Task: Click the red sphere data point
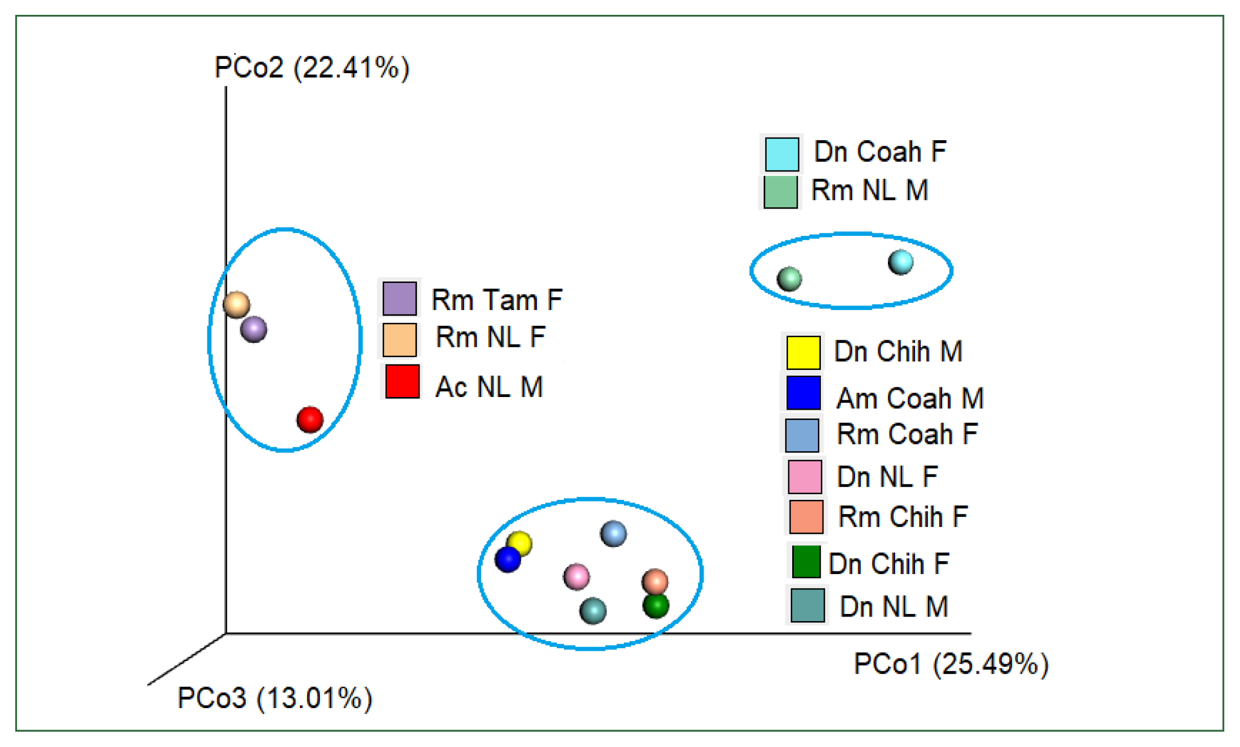click(310, 420)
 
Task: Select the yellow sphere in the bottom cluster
click(520, 543)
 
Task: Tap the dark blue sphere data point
click(508, 559)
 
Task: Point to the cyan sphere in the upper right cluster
click(901, 262)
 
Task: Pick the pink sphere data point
click(576, 577)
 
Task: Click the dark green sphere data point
click(656, 606)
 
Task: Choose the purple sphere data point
click(253, 329)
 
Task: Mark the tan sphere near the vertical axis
click(236, 304)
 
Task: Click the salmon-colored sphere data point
click(655, 582)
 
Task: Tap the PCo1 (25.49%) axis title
click(951, 664)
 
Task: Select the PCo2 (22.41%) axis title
click(312, 68)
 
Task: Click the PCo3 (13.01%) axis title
click(274, 698)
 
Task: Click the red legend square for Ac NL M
click(402, 381)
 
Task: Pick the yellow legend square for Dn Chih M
click(803, 352)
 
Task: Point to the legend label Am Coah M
click(910, 398)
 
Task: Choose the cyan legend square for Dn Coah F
click(781, 154)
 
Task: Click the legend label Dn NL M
click(894, 607)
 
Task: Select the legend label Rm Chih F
click(903, 516)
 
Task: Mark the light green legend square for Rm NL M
click(780, 192)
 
